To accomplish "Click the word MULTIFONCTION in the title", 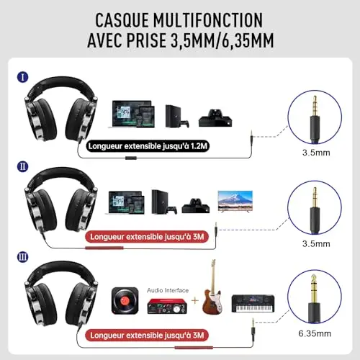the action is (x=208, y=20).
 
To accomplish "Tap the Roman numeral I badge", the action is (x=23, y=77).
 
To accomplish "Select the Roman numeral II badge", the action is (x=23, y=166).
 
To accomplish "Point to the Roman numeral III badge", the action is (x=23, y=257).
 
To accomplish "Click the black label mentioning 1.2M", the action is (x=148, y=146).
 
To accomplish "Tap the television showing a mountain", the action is (x=235, y=201).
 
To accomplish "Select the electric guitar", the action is (x=212, y=287).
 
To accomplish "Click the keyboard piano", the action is (x=253, y=303).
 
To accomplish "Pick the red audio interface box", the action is (x=167, y=306).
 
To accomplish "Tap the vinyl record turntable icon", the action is (x=125, y=301).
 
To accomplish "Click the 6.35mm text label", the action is (x=315, y=333).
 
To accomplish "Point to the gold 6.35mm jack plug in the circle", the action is (x=314, y=299).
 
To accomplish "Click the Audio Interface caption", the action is (x=168, y=290).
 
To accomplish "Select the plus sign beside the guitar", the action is (x=195, y=300).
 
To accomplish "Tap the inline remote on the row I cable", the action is (x=131, y=158).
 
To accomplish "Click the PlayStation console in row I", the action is (x=177, y=116).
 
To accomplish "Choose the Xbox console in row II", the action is (x=196, y=206).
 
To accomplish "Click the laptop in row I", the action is (x=131, y=114).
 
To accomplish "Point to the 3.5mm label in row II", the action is (x=316, y=243).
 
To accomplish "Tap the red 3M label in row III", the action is (x=147, y=336).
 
